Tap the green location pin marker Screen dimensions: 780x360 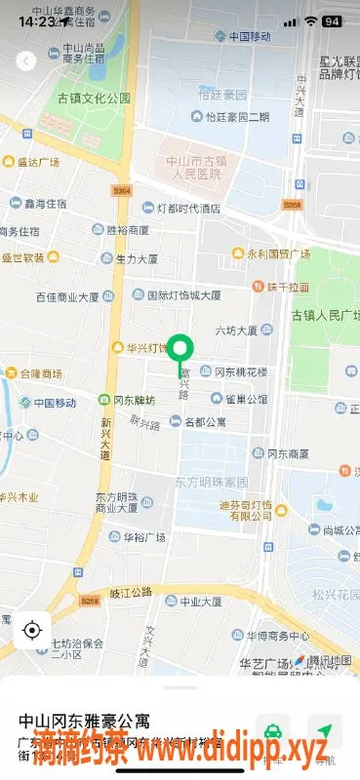(x=180, y=348)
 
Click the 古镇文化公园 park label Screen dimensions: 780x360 (x=95, y=98)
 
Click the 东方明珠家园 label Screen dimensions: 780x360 (x=212, y=482)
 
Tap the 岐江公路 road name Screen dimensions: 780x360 (x=132, y=591)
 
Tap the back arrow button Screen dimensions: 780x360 (x=26, y=60)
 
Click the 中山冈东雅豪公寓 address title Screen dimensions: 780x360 (x=85, y=721)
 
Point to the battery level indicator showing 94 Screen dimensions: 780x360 (x=332, y=20)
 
